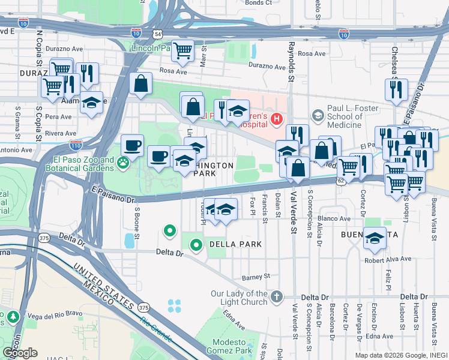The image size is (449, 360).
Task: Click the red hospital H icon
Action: (x=276, y=119)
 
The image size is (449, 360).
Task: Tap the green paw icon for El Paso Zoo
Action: (x=123, y=163)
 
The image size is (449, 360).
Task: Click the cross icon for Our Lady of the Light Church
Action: (x=276, y=296)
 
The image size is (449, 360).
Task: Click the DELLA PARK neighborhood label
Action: (x=235, y=244)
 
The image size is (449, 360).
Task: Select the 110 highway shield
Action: (x=76, y=145)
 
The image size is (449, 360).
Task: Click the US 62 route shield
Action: (x=340, y=179)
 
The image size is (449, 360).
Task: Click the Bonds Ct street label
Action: (x=259, y=3)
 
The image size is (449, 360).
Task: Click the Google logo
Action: (x=20, y=353)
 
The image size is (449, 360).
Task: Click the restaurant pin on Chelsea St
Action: (x=397, y=89)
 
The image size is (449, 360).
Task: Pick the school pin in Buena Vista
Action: (x=375, y=239)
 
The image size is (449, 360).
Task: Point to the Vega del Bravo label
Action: (x=48, y=316)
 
